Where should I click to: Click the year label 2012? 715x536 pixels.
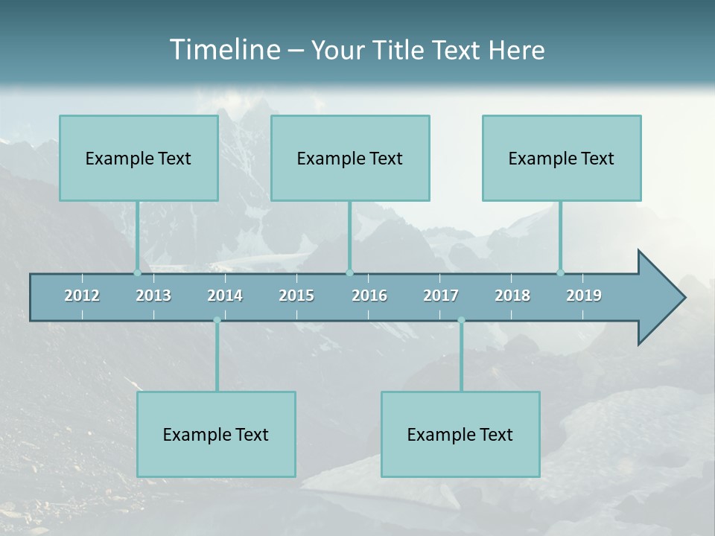coord(82,296)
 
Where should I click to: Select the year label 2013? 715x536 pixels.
coord(153,296)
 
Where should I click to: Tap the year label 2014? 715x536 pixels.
coord(225,296)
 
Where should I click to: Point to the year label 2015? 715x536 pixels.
coord(296,296)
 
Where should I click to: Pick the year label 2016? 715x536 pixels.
coord(369,296)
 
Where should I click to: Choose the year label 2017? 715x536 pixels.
coord(441,296)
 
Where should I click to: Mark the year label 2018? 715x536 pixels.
coord(512,296)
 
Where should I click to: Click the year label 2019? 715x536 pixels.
coord(584,296)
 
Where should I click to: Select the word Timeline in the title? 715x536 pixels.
coord(223,50)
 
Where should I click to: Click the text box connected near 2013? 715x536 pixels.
coord(139,158)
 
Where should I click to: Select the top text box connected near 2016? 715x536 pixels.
coord(350,158)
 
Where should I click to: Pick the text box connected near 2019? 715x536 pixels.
coord(562,158)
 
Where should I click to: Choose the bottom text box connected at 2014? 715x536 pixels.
coord(216,434)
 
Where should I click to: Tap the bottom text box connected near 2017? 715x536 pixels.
coord(460,434)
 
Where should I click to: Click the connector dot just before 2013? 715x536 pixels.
coord(137,272)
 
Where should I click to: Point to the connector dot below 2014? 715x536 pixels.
coord(217,320)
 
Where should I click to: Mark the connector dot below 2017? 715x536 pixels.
coord(461,320)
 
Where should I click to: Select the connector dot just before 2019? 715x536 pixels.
coord(560,272)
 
